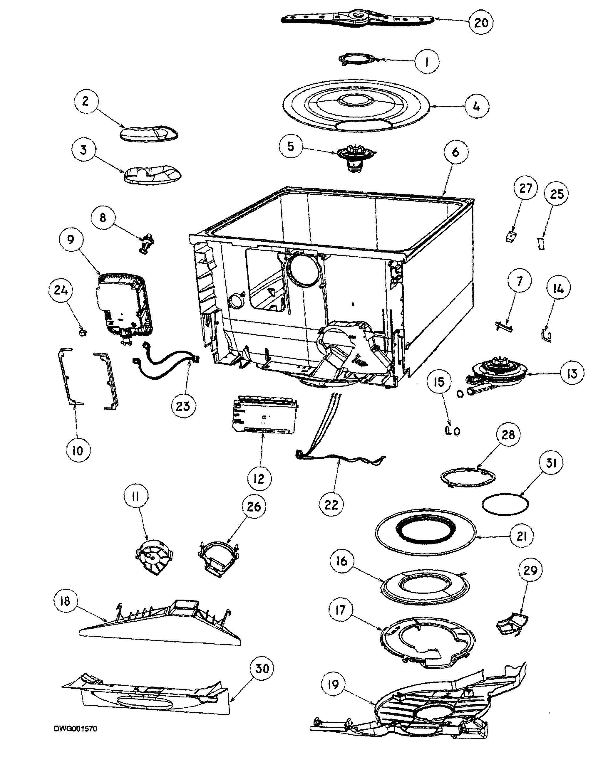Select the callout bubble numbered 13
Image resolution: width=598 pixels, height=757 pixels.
pos(571,374)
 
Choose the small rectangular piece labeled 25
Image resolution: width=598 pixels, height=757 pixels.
pos(541,243)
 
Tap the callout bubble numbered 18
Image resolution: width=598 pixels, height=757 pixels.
pos(65,601)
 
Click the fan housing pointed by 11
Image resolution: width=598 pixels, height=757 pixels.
pos(154,559)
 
